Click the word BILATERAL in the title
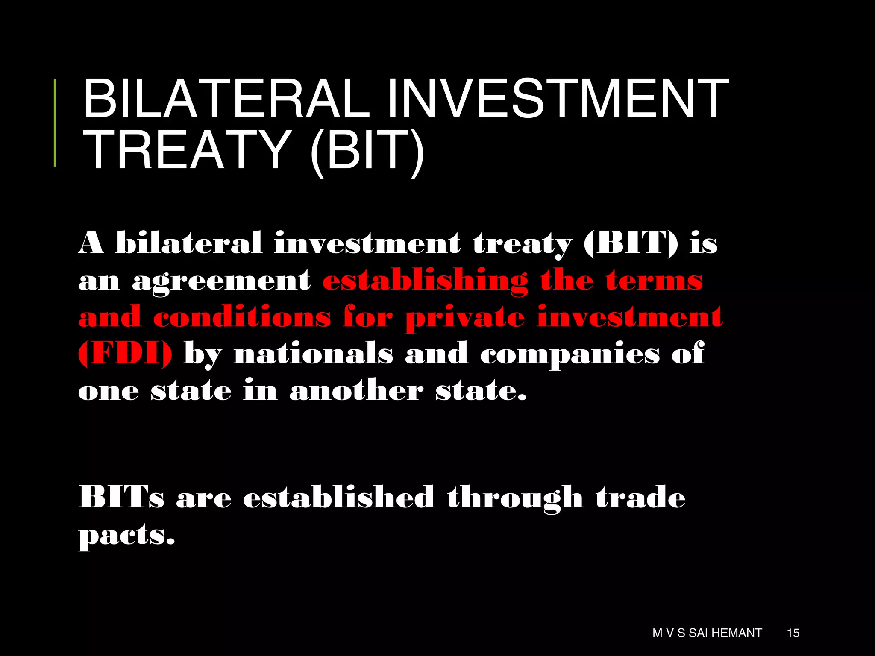[226, 99]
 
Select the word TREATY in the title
[188, 150]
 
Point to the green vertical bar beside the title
[55, 123]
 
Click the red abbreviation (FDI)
[125, 354]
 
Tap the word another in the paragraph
[356, 390]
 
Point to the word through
[515, 498]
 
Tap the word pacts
[126, 535]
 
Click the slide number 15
[793, 633]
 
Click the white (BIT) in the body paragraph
[631, 243]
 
